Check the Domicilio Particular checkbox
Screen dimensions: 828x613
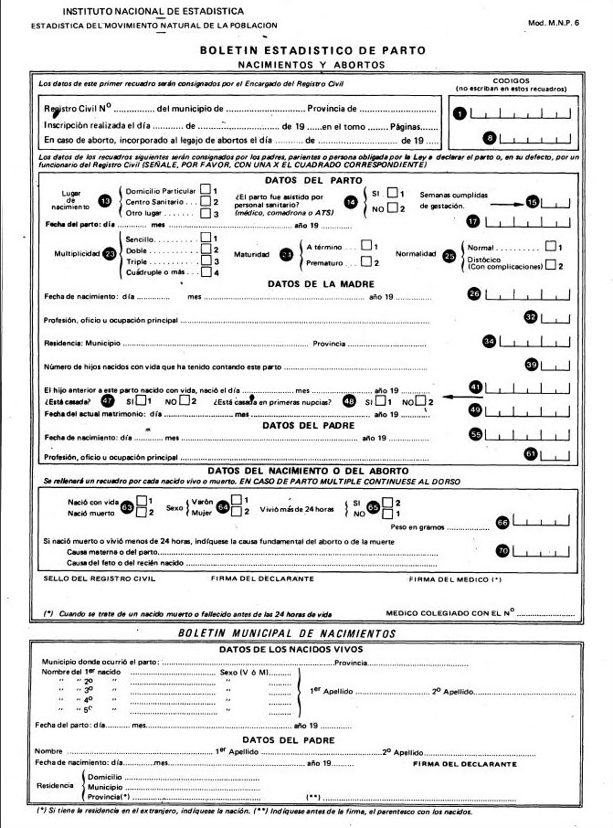[x=206, y=189]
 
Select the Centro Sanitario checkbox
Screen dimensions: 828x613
[x=206, y=201]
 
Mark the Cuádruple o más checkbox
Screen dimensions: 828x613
[x=206, y=272]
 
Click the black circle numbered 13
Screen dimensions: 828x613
[x=105, y=200]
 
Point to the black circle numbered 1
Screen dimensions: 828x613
[x=460, y=112]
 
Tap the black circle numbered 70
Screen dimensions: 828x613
[x=502, y=551]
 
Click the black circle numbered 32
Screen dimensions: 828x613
[x=531, y=316]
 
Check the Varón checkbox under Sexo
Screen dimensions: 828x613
[x=236, y=499]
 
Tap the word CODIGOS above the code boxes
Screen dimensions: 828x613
[x=512, y=80]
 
